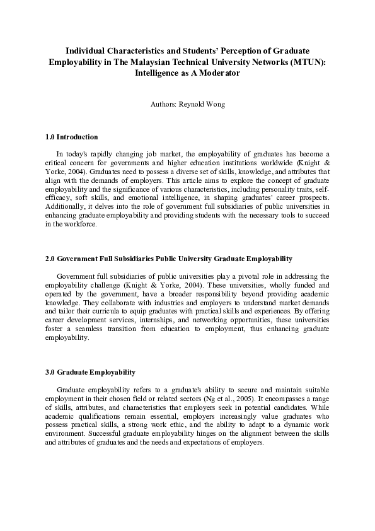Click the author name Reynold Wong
[x=201, y=103]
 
